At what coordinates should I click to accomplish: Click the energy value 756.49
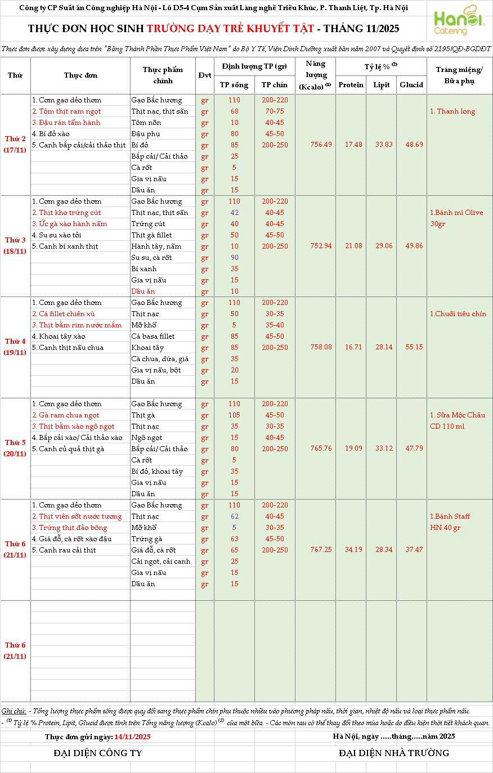tap(321, 145)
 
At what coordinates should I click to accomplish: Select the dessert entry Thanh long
tap(452, 111)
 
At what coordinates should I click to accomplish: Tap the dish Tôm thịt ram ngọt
tap(66, 111)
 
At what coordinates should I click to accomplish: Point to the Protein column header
tap(351, 85)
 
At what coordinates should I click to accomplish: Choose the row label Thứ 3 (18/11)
tap(15, 246)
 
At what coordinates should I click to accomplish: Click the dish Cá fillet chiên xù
tap(64, 314)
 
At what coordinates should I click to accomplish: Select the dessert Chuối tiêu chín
tap(458, 314)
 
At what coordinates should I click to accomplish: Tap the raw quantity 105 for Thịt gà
tap(234, 415)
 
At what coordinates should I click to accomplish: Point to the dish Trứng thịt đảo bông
tap(69, 528)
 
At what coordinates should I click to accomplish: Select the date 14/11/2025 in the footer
tap(132, 736)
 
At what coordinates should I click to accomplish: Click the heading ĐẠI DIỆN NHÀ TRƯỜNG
tap(394, 753)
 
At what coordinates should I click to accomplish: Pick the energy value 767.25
tap(321, 550)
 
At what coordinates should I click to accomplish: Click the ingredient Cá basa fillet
tap(153, 336)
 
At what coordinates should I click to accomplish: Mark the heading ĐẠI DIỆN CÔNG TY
tap(98, 753)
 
